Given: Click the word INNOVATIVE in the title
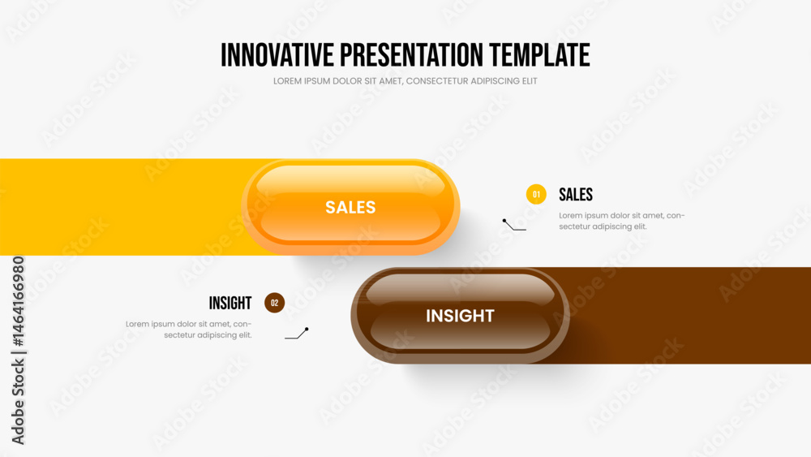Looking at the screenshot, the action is pos(277,55).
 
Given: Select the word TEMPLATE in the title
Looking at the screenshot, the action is pos(539,55).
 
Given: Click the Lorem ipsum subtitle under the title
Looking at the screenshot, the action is pos(405,81).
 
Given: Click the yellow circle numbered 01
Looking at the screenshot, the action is pos(536,195).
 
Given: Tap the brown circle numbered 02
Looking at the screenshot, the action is pos(275,303).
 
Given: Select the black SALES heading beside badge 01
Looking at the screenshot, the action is pos(576,195).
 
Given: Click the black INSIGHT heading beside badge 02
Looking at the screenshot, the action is pos(230,303).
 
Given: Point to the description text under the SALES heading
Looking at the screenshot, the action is pos(622,221).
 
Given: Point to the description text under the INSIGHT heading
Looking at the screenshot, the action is pos(189,330).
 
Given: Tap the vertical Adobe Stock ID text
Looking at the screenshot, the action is pos(18,351).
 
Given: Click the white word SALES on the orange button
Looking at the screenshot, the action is pos(350,208).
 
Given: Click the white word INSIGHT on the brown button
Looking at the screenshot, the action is pos(460,316).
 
